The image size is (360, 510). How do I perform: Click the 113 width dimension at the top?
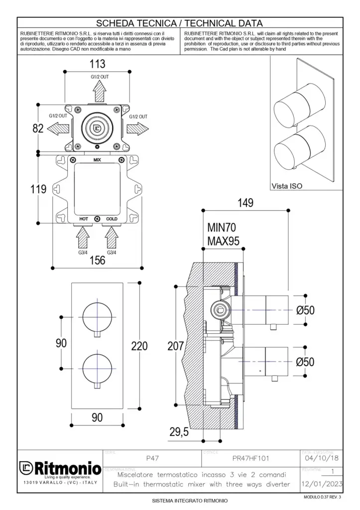(x=98, y=64)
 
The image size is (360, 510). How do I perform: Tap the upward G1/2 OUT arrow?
(x=100, y=91)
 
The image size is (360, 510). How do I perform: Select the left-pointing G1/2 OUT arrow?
(x=58, y=128)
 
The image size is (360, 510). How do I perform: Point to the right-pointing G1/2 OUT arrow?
(x=137, y=128)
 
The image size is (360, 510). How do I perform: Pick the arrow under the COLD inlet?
(x=111, y=238)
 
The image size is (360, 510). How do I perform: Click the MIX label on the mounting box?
(x=98, y=160)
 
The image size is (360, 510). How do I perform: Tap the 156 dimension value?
(x=98, y=260)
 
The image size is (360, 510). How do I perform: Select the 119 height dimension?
(x=38, y=189)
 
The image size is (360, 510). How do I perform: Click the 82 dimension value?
(x=38, y=128)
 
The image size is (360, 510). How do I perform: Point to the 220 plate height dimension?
(x=139, y=346)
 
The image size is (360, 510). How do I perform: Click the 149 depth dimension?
(x=245, y=203)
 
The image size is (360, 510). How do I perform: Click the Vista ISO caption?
(x=287, y=186)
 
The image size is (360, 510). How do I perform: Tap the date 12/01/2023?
(x=321, y=484)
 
